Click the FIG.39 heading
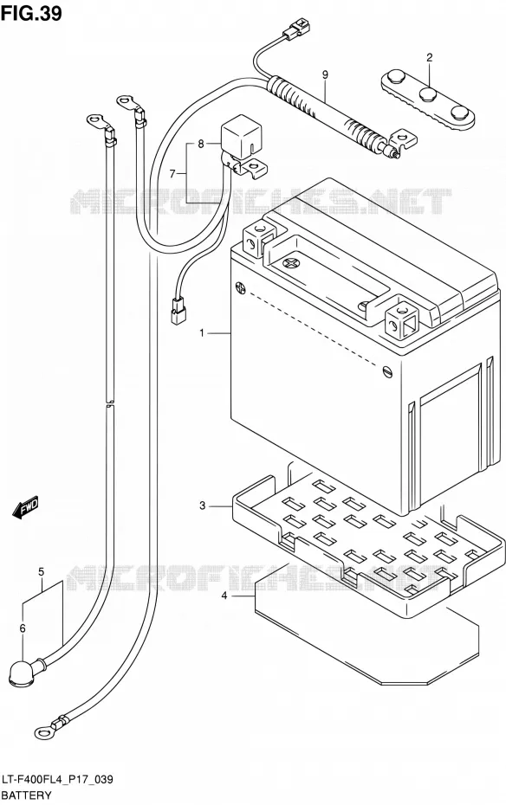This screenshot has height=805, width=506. click(x=31, y=13)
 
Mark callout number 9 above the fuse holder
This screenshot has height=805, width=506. click(x=325, y=75)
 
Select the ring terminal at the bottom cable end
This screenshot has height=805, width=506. click(x=42, y=733)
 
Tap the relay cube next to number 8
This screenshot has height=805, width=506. click(x=239, y=138)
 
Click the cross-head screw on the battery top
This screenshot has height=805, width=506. click(x=291, y=264)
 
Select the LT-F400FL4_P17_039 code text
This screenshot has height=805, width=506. click(x=57, y=781)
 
